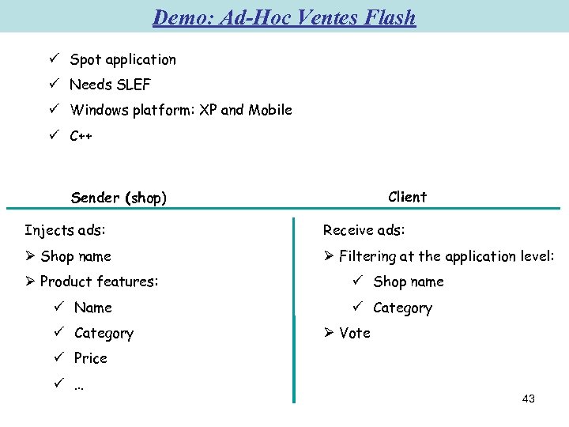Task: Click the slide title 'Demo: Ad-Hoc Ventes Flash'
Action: (x=284, y=17)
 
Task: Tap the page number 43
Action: (x=529, y=399)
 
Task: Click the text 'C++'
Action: (x=81, y=135)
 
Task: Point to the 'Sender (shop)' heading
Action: (x=119, y=198)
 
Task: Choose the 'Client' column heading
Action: (x=408, y=197)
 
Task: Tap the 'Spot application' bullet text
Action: (x=122, y=59)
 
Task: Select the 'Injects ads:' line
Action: (x=65, y=230)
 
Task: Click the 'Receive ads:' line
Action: (x=364, y=230)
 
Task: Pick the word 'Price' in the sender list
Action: (x=90, y=358)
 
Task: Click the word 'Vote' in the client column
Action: (x=355, y=333)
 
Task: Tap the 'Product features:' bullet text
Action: (x=99, y=282)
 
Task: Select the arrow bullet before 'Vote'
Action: (x=330, y=333)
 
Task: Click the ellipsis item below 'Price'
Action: (x=79, y=384)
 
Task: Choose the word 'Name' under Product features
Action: (x=93, y=308)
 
